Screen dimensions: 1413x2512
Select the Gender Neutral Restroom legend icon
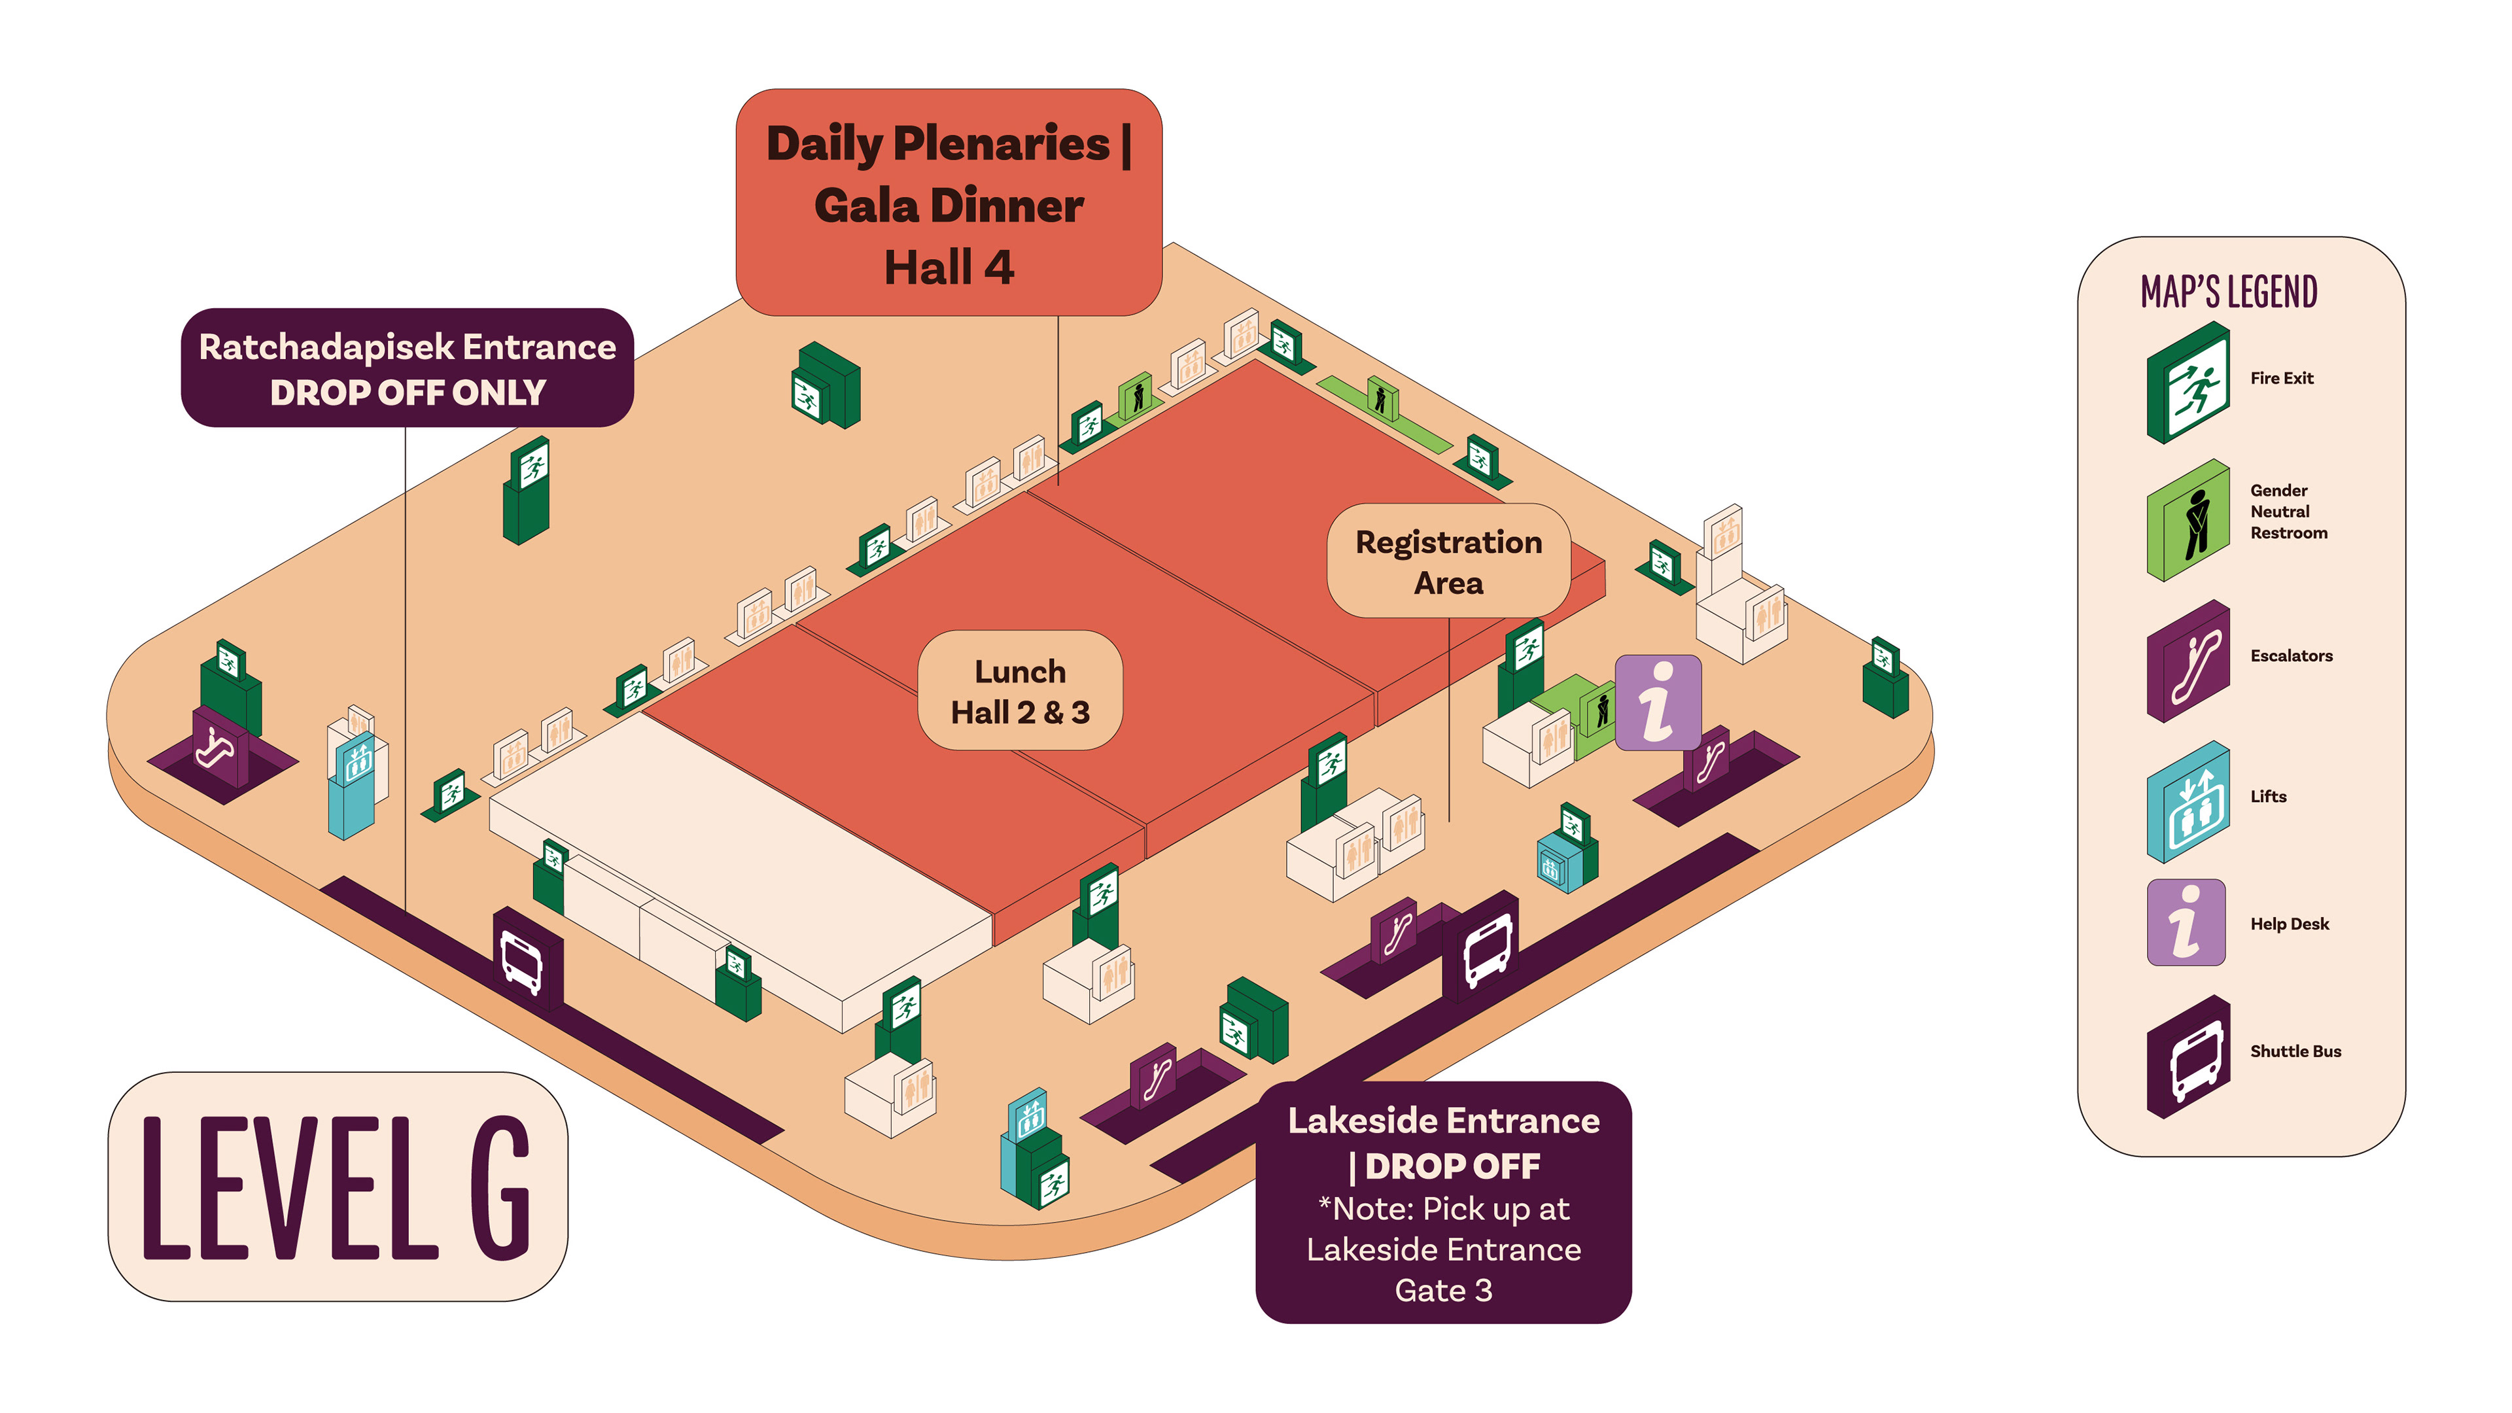2188,520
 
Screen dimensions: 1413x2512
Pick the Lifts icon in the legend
2188,801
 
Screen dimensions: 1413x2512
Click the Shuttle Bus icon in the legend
2188,1056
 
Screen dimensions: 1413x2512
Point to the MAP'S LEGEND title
2228,292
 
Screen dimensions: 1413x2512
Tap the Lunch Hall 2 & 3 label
1020,690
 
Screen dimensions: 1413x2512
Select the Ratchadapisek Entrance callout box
408,368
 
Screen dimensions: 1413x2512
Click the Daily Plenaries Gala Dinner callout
948,203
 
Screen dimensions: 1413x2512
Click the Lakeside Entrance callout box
1443,1202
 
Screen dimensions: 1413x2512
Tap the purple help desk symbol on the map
1658,702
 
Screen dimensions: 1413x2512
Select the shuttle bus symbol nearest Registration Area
1486,949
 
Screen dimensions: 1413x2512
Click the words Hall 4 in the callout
949,267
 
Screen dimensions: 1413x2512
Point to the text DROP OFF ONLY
408,392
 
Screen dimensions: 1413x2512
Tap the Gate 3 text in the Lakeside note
1443,1290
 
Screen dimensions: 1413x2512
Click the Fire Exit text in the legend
2281,378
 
